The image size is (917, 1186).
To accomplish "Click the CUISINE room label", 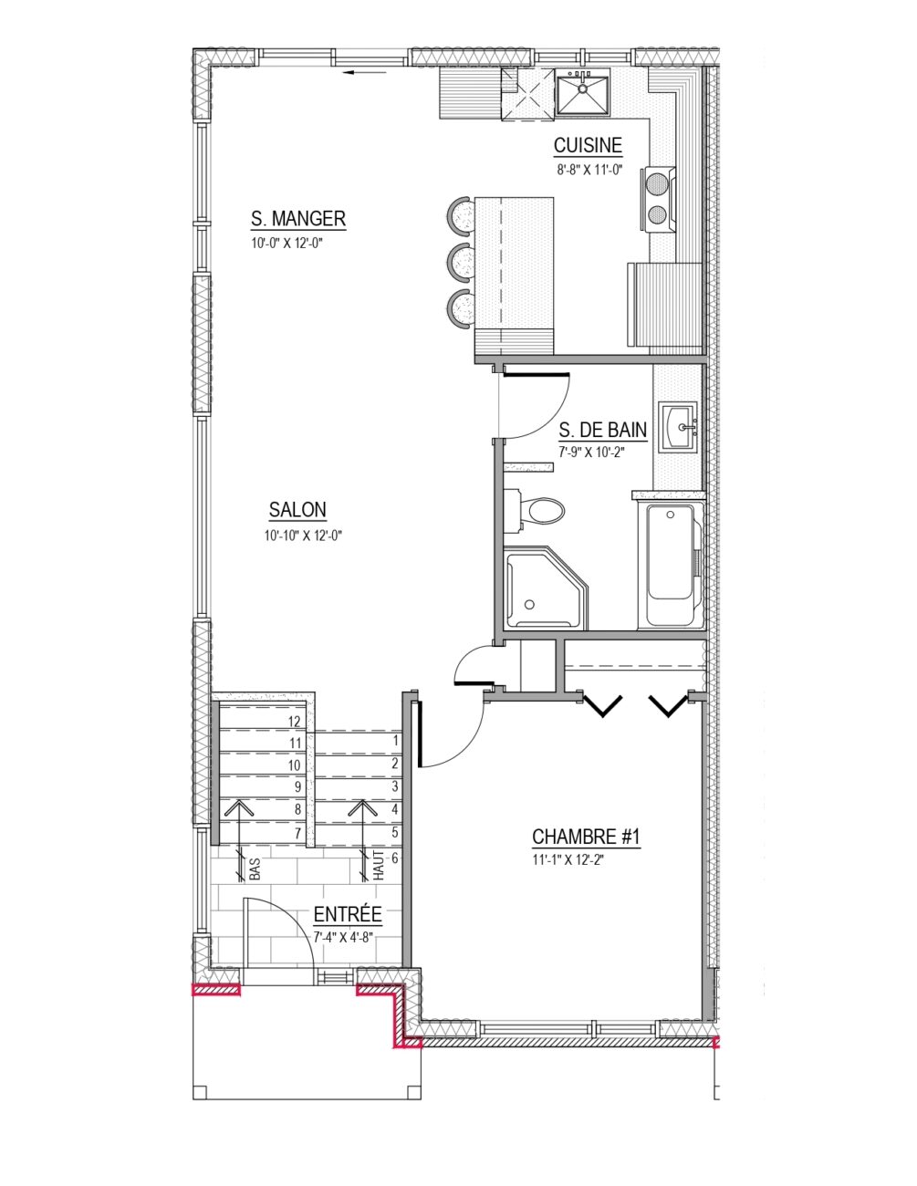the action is click(x=588, y=146).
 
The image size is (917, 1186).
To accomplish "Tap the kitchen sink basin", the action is click(x=582, y=95).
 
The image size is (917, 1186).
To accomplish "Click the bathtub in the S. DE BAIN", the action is click(x=671, y=565).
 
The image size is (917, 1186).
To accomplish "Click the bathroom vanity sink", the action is click(x=678, y=427).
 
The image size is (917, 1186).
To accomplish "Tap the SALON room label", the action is click(x=297, y=510).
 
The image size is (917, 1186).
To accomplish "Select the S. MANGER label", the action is click(x=298, y=219).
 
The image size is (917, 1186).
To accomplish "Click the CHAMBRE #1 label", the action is click(x=586, y=837).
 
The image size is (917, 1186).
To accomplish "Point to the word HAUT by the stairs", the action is click(x=379, y=865).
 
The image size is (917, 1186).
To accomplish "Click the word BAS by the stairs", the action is click(x=255, y=869).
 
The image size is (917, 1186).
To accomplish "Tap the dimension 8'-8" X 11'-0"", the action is click(x=589, y=170).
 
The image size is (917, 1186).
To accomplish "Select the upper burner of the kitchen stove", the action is click(x=657, y=182).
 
